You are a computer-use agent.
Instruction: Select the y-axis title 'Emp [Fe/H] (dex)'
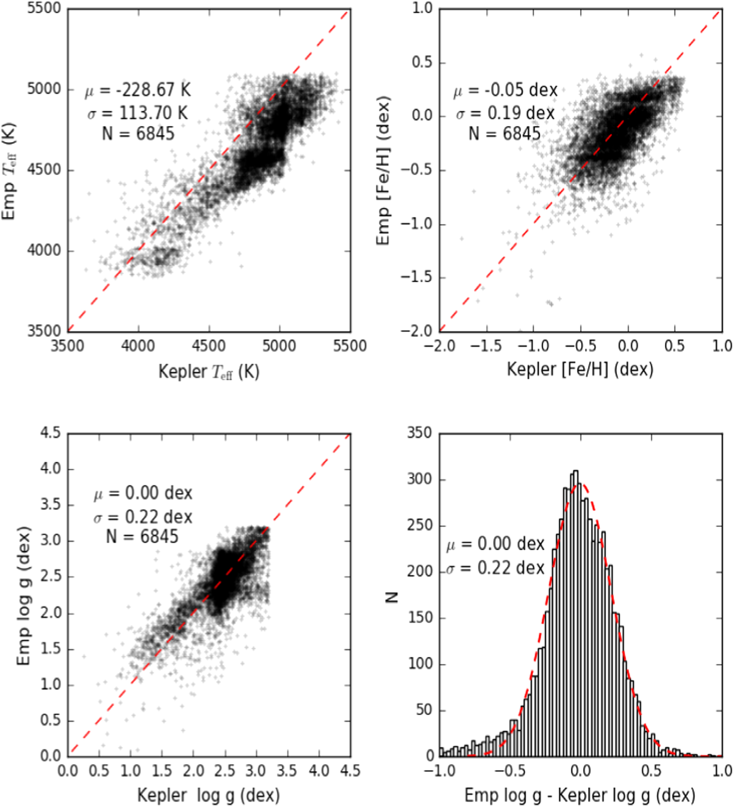(x=383, y=171)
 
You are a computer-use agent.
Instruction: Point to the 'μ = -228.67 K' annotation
(x=138, y=90)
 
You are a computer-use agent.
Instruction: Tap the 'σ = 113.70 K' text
(x=138, y=113)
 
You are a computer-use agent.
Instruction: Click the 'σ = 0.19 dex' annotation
(x=505, y=113)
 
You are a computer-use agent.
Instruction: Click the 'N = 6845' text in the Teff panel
(x=138, y=134)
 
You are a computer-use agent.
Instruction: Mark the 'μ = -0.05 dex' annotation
(x=505, y=90)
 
